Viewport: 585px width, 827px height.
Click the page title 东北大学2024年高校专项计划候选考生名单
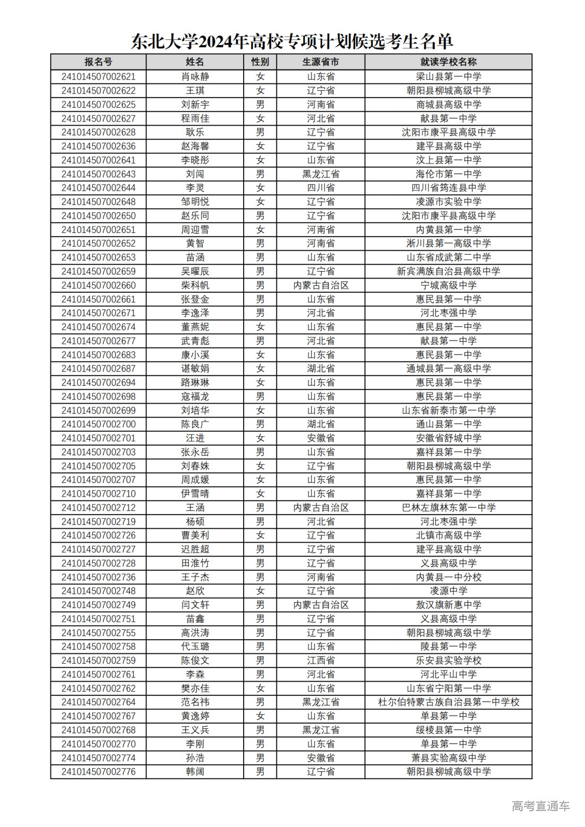tap(292, 41)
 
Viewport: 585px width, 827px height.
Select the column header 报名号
tap(98, 62)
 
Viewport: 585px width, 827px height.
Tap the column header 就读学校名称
tap(448, 62)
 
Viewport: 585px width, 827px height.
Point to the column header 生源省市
tap(321, 62)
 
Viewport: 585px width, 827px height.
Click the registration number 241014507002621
tap(98, 76)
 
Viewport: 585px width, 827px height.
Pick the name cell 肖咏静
tap(195, 76)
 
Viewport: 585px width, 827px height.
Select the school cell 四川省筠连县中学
tap(448, 188)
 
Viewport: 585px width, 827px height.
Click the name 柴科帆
tap(195, 285)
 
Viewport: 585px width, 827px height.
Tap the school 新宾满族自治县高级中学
tap(448, 271)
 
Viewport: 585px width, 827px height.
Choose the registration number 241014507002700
tap(98, 424)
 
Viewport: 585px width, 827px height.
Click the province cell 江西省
tap(321, 660)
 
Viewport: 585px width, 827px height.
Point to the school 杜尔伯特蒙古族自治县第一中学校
tap(448, 702)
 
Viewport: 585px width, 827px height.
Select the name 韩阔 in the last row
tap(195, 771)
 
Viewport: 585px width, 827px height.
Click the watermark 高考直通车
tap(540, 806)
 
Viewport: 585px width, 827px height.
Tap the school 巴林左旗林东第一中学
tap(448, 508)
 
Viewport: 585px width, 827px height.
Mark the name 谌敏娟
tap(195, 368)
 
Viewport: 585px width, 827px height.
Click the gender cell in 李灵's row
tap(260, 188)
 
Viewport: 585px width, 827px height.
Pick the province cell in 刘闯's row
tap(321, 174)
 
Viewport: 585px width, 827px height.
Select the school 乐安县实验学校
tap(448, 660)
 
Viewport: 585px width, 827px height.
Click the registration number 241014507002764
tap(98, 702)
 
